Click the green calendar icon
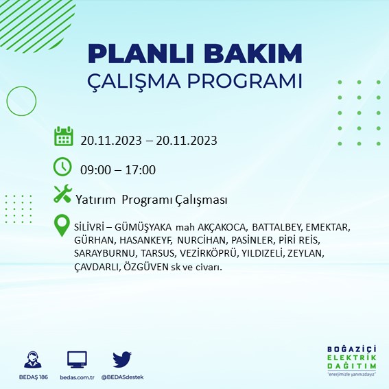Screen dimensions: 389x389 click(x=63, y=137)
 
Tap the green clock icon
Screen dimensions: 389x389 click(x=62, y=167)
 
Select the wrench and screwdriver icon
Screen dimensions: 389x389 click(x=62, y=195)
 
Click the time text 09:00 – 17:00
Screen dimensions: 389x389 click(x=118, y=170)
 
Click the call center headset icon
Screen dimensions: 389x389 click(x=31, y=361)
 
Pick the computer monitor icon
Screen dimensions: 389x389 click(x=77, y=359)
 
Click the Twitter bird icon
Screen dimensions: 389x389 click(x=122, y=359)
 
